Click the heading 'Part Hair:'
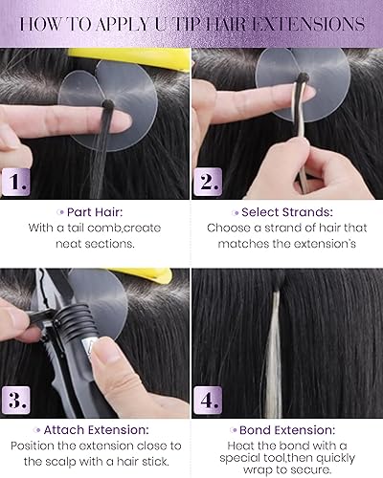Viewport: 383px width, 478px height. pyautogui.click(x=96, y=210)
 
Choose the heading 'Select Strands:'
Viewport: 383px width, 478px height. pyautogui.click(x=287, y=210)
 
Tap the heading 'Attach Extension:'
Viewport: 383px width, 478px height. pyautogui.click(x=96, y=431)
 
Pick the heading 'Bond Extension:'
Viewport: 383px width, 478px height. pyautogui.click(x=287, y=431)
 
